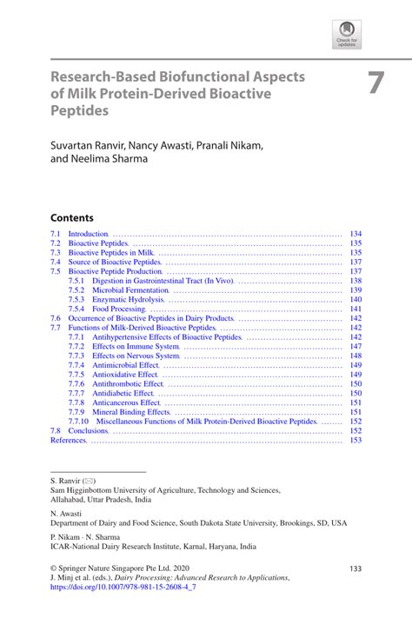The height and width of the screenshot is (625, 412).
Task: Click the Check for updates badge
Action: coord(347,34)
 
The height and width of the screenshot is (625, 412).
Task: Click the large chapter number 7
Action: coord(375,83)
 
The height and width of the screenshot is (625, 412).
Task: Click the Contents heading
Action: coord(71,217)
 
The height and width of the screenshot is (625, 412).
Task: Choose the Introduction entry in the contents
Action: coord(88,234)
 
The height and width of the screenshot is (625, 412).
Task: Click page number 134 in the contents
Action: coord(355,234)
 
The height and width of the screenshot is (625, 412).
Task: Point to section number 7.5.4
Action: coord(76,309)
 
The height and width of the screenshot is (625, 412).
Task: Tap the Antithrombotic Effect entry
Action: coord(128,383)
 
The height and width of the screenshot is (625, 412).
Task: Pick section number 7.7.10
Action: coord(79,421)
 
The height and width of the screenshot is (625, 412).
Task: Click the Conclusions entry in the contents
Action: coord(88,430)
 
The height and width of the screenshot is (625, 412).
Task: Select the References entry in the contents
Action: coord(69,440)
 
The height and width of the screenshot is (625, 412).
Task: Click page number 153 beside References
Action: coord(355,440)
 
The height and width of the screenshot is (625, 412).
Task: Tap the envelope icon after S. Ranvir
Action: coord(90,481)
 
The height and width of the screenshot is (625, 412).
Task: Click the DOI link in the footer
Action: coord(123,587)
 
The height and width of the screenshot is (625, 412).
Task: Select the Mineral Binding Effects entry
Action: coord(131,412)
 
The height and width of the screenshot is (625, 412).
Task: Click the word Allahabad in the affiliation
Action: coord(70,500)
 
